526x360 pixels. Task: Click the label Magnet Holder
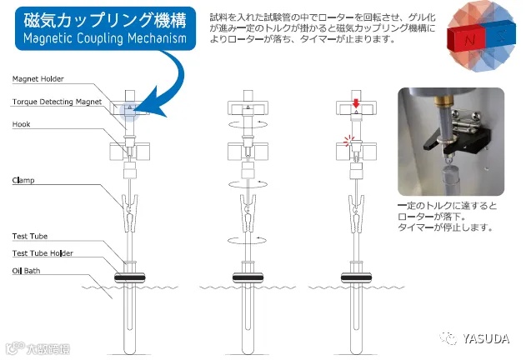38,79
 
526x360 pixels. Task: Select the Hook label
23,124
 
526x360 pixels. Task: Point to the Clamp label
24,180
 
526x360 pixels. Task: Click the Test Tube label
31,237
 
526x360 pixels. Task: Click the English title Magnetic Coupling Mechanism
100,40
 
